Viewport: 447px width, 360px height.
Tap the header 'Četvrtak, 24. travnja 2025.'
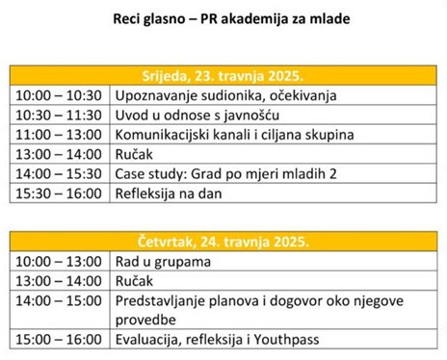[x=223, y=241]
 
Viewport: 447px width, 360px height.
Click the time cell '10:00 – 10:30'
[x=59, y=95]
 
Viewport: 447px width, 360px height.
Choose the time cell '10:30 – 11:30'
[x=59, y=115]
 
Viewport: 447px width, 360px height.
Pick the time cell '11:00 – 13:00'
[x=59, y=134]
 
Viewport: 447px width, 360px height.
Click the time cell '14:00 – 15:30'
[x=59, y=173]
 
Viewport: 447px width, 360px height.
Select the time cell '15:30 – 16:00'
[x=59, y=193]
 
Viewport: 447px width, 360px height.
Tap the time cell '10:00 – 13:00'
[x=59, y=261]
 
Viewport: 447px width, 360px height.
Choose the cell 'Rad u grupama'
[x=162, y=261]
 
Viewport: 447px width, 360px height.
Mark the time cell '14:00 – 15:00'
[x=59, y=300]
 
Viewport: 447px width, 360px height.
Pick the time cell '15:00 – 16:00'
[x=59, y=339]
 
